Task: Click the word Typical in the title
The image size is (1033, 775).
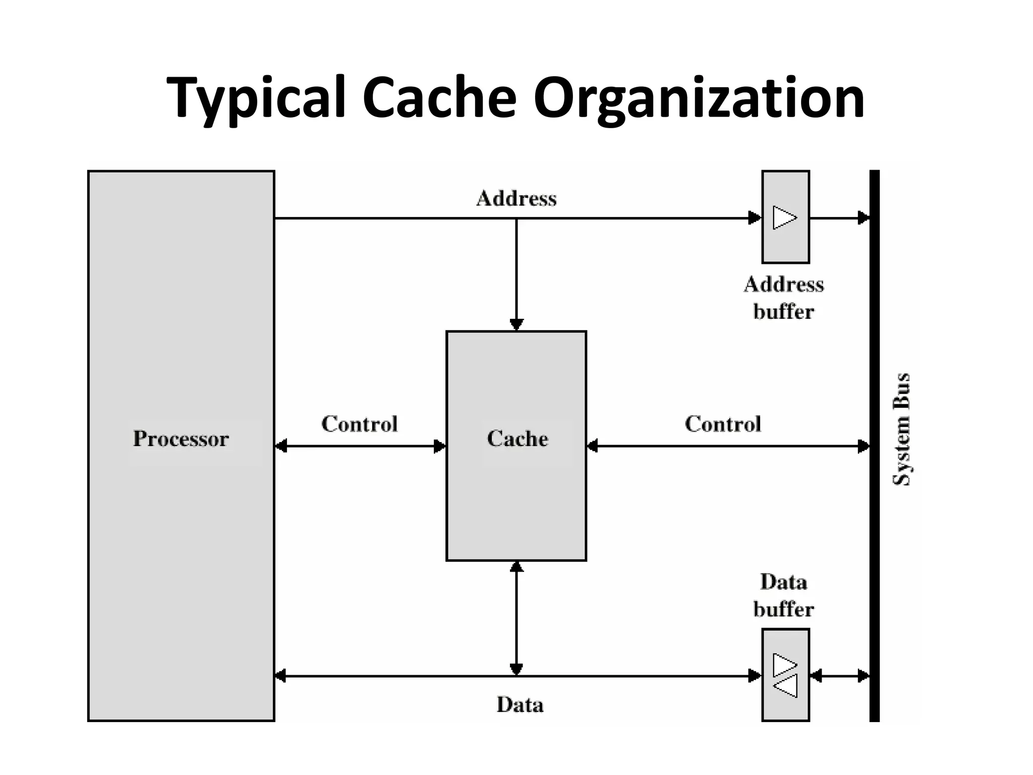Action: [x=256, y=98]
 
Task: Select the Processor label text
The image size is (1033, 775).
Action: [x=181, y=438]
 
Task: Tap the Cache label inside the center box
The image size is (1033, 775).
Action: [x=517, y=438]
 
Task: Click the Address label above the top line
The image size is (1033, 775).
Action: [x=516, y=198]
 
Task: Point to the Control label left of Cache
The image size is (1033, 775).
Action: [x=359, y=424]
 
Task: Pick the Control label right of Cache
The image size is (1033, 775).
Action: [x=722, y=424]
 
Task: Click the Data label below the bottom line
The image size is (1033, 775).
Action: [x=520, y=704]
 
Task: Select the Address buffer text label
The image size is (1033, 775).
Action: [x=783, y=298]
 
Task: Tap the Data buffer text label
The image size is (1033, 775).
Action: [x=783, y=595]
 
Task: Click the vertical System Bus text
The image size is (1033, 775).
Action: [x=901, y=429]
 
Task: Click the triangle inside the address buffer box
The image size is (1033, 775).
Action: [x=784, y=217]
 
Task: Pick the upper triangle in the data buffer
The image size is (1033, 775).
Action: [x=784, y=665]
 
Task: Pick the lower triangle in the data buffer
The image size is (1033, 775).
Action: [x=785, y=687]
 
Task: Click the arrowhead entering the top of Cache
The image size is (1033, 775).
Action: [x=516, y=324]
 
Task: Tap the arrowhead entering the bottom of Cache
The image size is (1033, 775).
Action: [x=516, y=568]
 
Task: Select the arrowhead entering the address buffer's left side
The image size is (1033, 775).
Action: [x=755, y=218]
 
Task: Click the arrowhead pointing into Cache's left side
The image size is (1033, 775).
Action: [x=439, y=446]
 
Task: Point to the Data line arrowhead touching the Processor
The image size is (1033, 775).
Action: [x=281, y=676]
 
